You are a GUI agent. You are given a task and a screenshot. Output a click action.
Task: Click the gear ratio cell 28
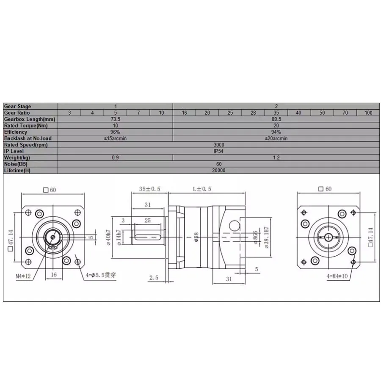[x=253, y=113]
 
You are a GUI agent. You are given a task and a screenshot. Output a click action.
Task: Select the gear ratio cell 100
[x=368, y=113]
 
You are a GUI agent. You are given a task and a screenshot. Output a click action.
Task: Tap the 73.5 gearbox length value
[x=116, y=119]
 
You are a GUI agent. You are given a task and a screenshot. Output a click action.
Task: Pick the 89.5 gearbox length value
[x=276, y=119]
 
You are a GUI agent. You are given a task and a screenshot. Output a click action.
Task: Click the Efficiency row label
[x=16, y=132]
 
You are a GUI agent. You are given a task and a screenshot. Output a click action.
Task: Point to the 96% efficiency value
[x=116, y=132]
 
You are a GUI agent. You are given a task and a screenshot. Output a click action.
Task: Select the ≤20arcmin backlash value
[x=276, y=138]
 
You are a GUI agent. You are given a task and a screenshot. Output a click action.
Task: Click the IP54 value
[x=219, y=151]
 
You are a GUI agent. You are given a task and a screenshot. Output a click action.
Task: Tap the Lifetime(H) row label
[x=17, y=170]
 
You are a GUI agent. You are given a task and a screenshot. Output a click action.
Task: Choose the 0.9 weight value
[x=116, y=157]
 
